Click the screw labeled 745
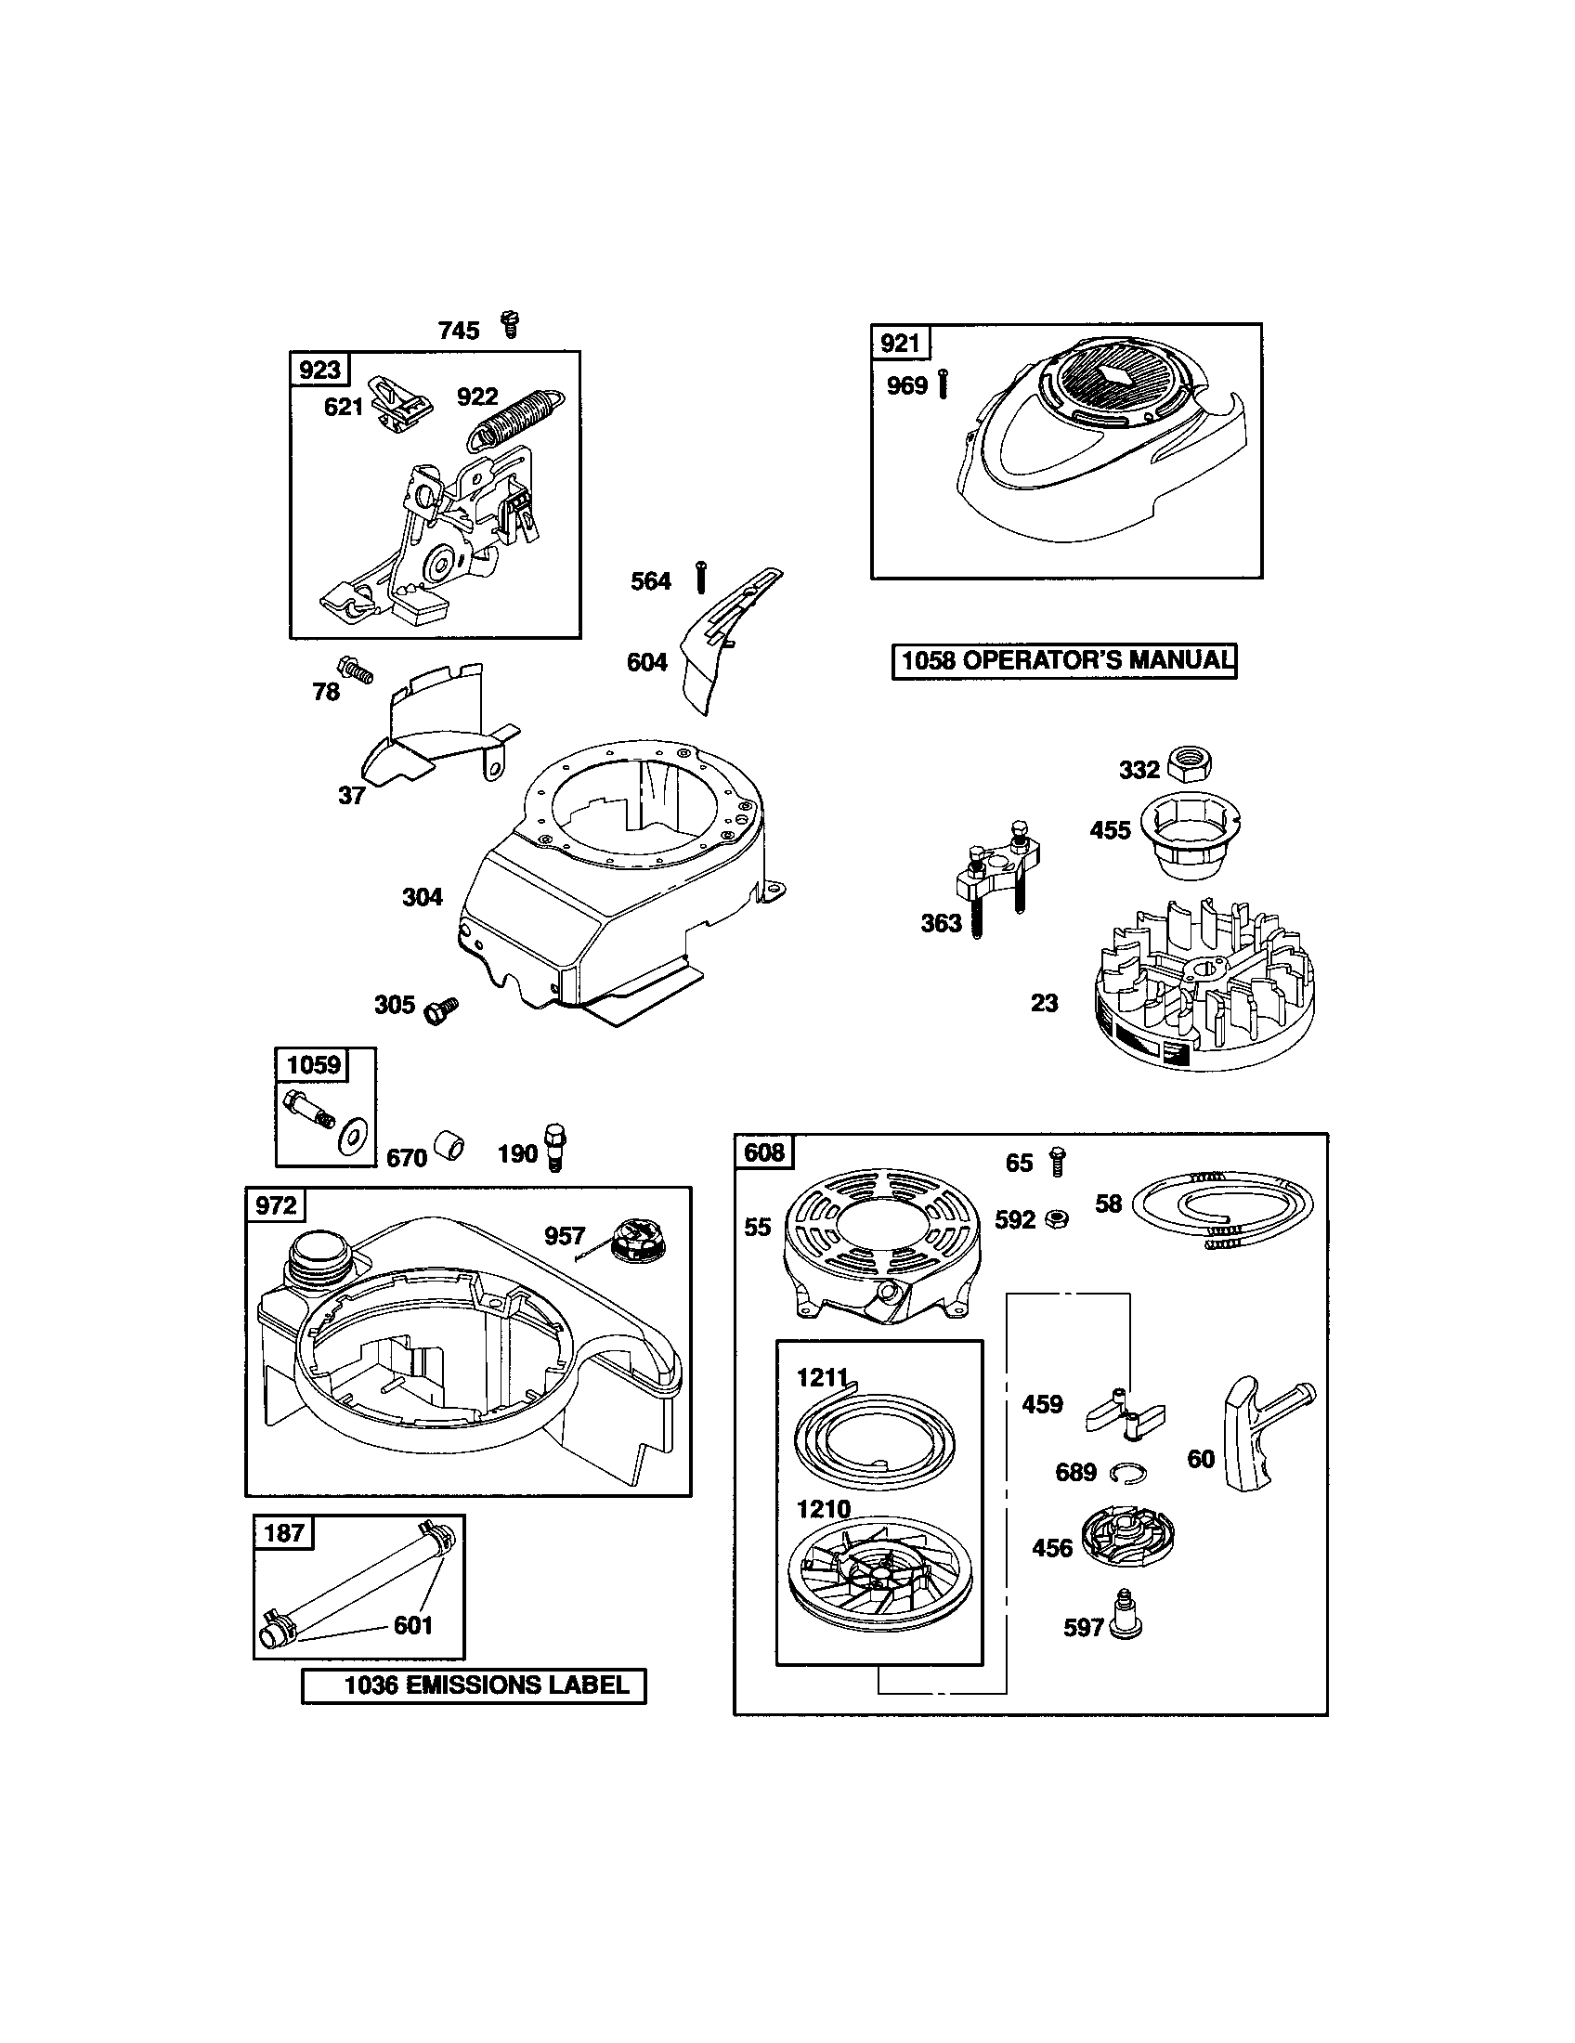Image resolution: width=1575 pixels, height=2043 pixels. (510, 325)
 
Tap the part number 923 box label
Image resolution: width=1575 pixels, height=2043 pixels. (319, 370)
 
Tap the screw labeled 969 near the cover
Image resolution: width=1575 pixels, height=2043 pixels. (942, 384)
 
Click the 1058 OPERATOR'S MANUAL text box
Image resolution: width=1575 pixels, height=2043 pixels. (1063, 661)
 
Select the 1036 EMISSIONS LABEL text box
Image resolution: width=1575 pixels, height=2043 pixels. (474, 1686)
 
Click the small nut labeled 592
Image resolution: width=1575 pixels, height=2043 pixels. (1058, 1218)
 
